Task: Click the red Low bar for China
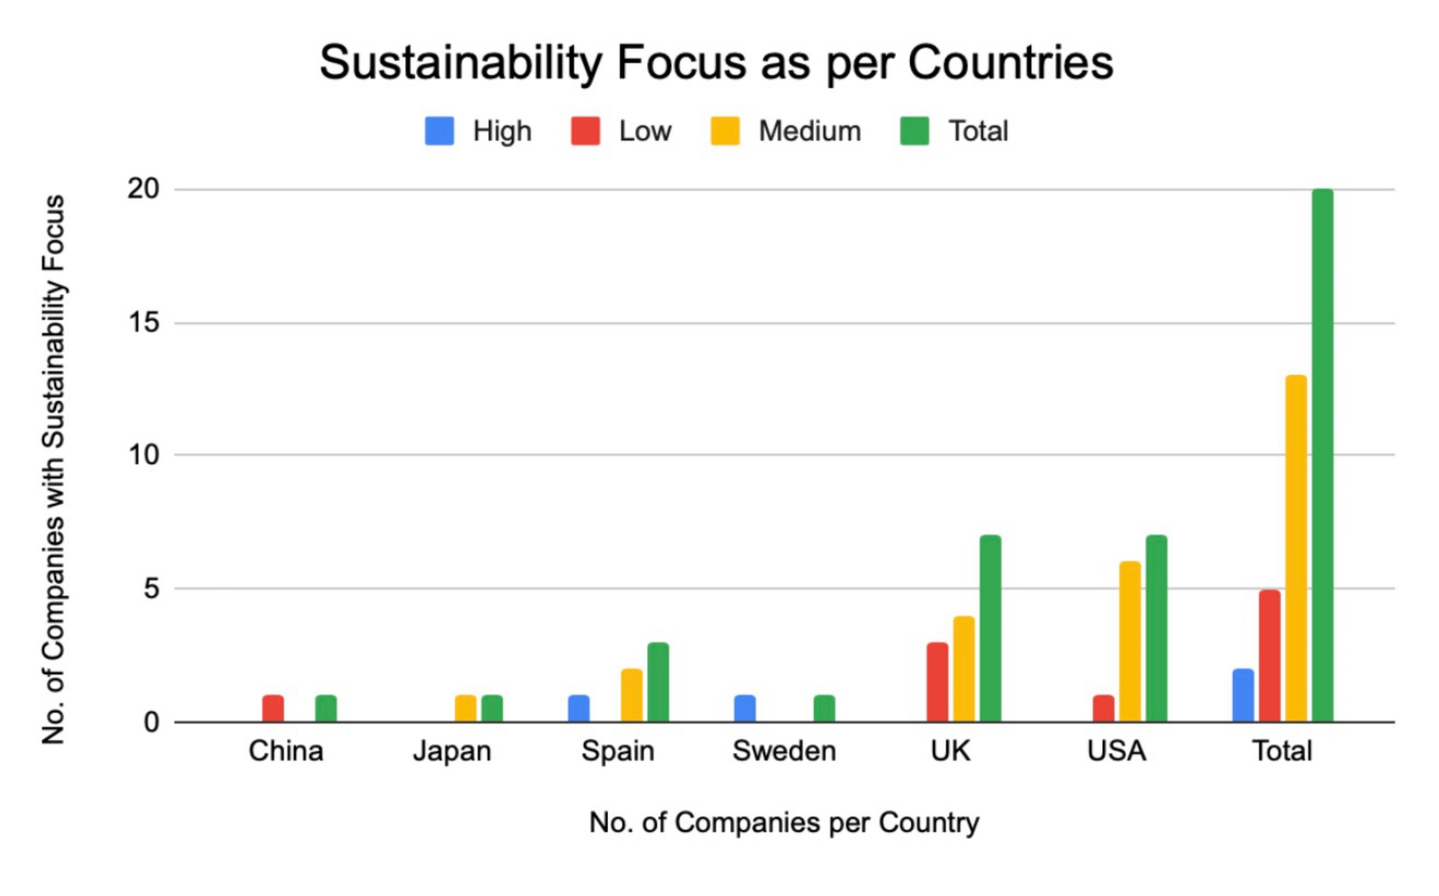pos(273,709)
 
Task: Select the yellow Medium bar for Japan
pos(465,709)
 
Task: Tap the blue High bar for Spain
pos(578,709)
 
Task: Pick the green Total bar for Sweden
pos(824,709)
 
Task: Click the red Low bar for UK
pos(938,682)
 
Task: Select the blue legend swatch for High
pos(440,131)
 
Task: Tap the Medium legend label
pos(810,131)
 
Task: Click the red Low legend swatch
pos(585,131)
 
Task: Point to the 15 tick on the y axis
pos(143,323)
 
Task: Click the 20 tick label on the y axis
pos(143,189)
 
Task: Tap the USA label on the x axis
pos(1116,752)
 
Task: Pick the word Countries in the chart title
pos(1010,63)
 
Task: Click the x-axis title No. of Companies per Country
pos(784,822)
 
